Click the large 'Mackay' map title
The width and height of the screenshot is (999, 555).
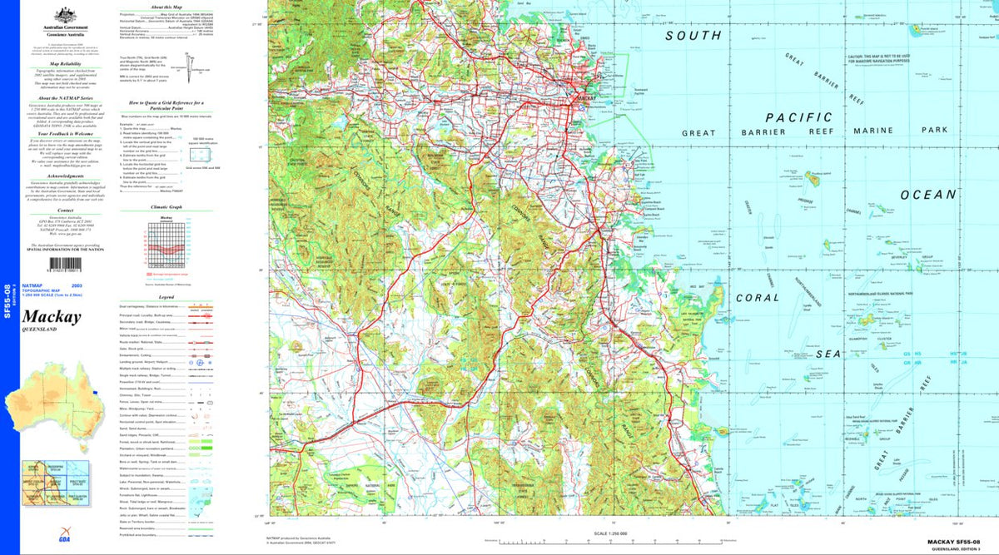(x=52, y=317)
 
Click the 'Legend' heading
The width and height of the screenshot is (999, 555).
(x=166, y=297)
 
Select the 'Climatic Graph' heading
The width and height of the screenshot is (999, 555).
(x=165, y=206)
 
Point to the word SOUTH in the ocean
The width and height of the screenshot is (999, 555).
(x=693, y=36)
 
